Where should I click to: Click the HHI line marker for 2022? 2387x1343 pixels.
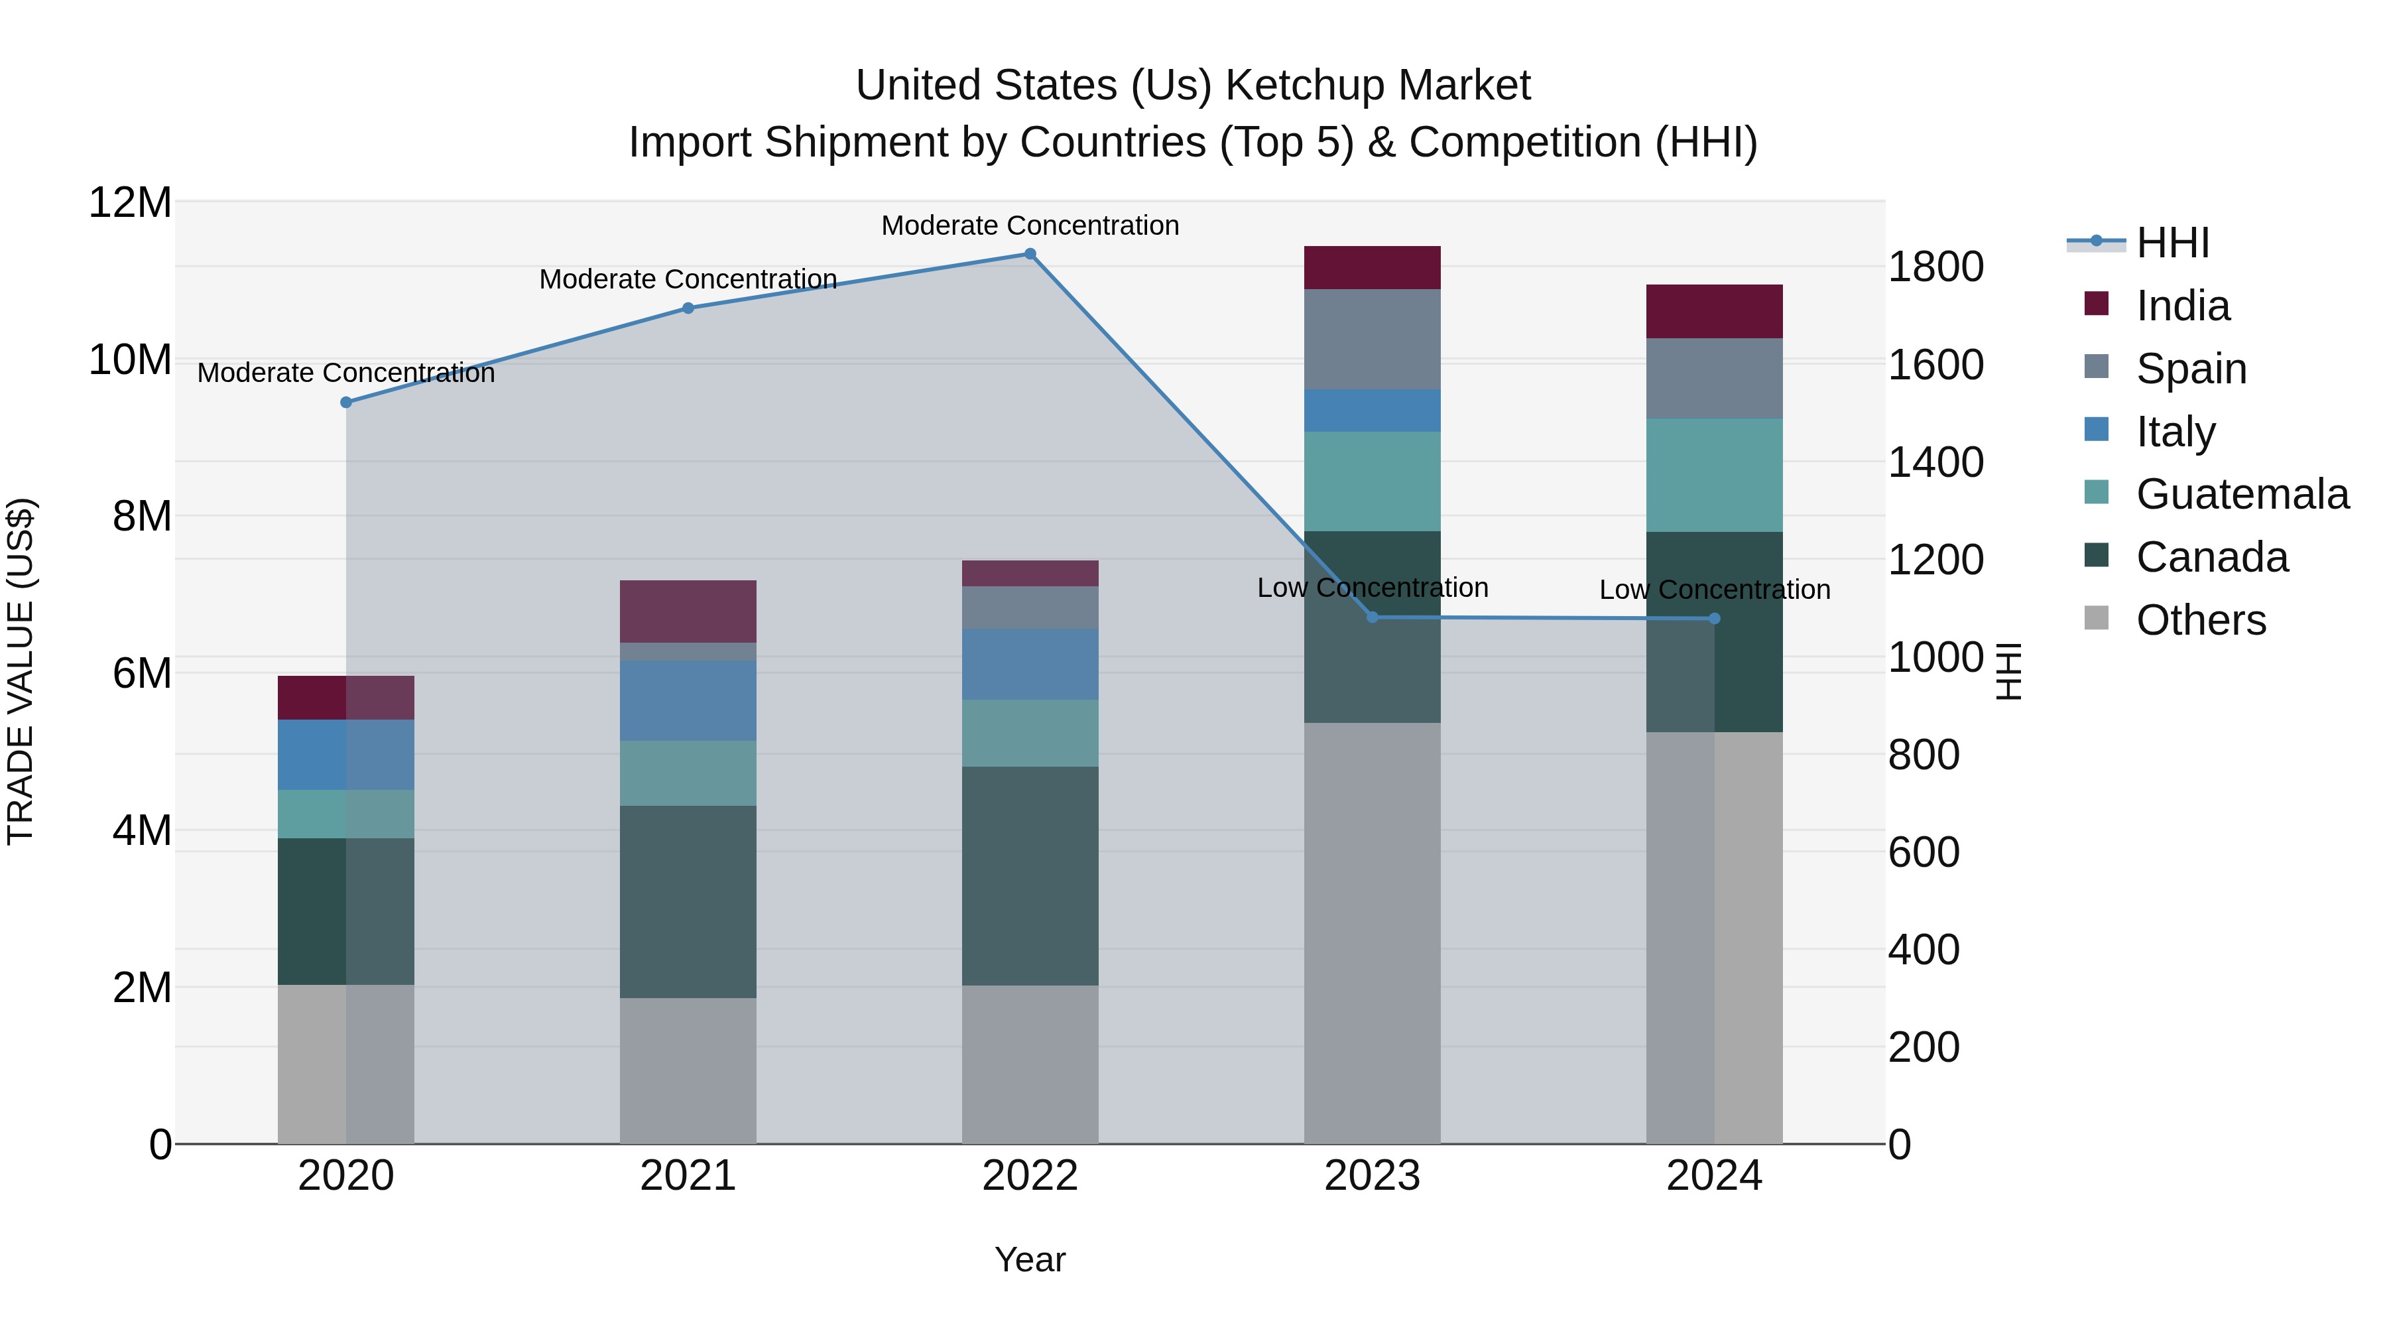1030,254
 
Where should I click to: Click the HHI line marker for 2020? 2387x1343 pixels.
345,403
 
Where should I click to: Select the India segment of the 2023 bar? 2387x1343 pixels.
1373,268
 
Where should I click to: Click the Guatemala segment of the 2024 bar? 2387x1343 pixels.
1714,475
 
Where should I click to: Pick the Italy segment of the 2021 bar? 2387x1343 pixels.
688,701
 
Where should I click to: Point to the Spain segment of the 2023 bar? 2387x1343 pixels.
1373,339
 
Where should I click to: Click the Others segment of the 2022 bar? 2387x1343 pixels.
1030,1064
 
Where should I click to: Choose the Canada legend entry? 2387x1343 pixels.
2211,557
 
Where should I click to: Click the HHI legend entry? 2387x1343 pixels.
2172,243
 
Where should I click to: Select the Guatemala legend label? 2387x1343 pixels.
2242,494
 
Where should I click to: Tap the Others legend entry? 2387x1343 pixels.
2201,620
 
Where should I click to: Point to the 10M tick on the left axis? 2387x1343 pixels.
130,359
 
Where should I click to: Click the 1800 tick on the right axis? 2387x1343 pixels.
1935,267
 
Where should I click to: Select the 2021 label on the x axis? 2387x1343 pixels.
688,1176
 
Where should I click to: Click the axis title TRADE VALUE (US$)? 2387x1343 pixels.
21,671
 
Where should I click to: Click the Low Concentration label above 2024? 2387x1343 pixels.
1714,590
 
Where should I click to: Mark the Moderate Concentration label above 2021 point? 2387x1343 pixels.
688,279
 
